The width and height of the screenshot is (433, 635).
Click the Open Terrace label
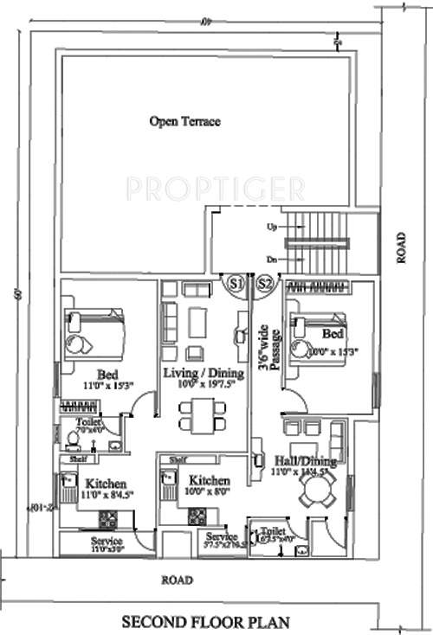coord(184,122)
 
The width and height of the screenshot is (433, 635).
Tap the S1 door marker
coord(235,283)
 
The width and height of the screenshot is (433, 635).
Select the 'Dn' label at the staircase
coord(271,259)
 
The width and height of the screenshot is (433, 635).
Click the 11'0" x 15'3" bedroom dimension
coord(107,386)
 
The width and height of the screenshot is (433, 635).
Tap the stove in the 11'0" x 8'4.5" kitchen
coord(110,520)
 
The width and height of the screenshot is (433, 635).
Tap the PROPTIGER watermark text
coord(215,187)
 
